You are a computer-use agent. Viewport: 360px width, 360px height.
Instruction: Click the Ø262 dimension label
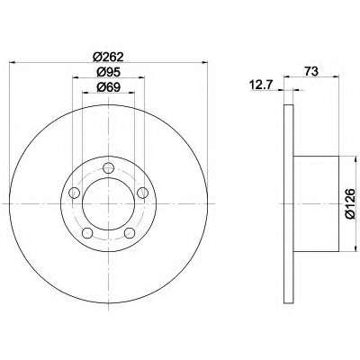[x=108, y=57]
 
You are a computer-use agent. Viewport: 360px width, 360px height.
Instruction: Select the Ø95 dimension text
[x=108, y=72]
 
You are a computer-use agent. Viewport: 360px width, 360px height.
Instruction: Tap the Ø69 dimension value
[x=108, y=87]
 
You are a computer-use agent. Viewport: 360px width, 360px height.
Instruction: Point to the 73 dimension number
[x=311, y=72]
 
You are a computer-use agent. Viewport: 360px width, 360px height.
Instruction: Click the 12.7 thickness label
[x=261, y=85]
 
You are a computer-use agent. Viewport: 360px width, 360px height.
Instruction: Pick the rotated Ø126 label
[x=350, y=203]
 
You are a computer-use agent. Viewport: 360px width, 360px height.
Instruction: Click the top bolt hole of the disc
[x=108, y=168]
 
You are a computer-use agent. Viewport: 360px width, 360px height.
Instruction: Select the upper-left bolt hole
[x=74, y=193]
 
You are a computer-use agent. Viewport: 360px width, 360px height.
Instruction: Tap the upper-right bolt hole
[x=142, y=193]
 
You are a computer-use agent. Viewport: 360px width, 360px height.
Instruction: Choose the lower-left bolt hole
[x=87, y=232]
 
